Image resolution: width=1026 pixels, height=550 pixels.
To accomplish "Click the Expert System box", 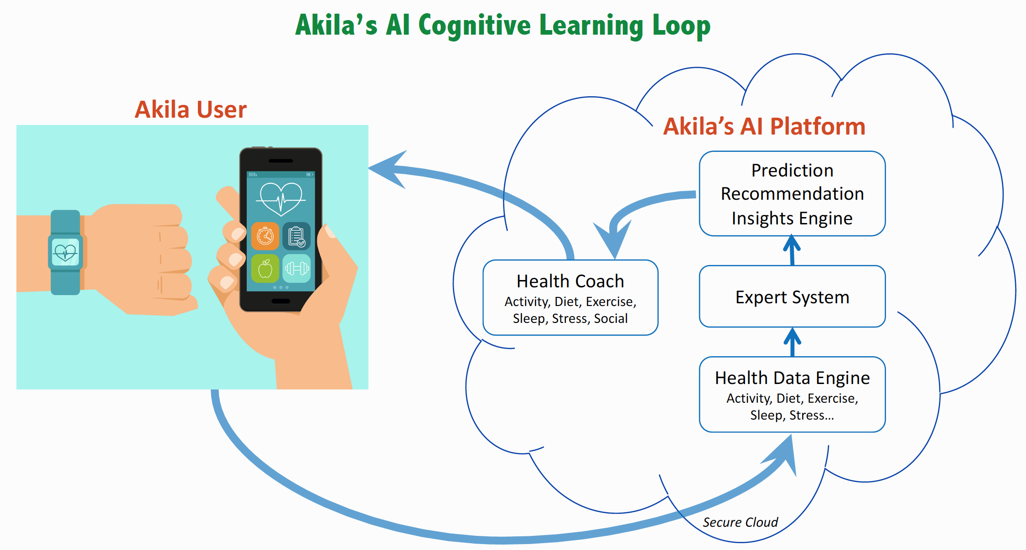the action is pyautogui.click(x=792, y=296).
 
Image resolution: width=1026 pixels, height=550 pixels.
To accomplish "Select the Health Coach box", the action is pyautogui.click(x=570, y=297).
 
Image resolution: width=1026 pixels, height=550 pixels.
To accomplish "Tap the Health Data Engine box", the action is pyautogui.click(x=792, y=394).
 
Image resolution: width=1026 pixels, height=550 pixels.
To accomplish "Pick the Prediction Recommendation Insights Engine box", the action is pyautogui.click(x=792, y=194).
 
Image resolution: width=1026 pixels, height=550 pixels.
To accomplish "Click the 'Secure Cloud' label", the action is pyautogui.click(x=740, y=522).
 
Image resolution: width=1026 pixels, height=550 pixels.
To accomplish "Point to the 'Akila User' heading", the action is pyautogui.click(x=191, y=109).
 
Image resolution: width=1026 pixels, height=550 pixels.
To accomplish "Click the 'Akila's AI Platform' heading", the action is pyautogui.click(x=764, y=126).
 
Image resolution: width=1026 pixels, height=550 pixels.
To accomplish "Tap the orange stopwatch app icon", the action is pyautogui.click(x=265, y=236).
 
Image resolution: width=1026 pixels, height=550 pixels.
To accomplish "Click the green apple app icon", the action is pyautogui.click(x=265, y=269).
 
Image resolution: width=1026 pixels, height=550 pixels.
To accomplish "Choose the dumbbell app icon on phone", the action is pyautogui.click(x=296, y=269).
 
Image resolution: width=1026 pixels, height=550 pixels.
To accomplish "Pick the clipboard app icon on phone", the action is pyautogui.click(x=296, y=236).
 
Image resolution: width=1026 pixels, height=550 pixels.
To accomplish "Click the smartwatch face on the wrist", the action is pyautogui.click(x=65, y=252).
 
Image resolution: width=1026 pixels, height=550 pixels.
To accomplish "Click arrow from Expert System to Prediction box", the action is pyautogui.click(x=792, y=250).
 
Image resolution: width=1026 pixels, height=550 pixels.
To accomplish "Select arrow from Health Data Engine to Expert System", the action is pyautogui.click(x=793, y=342).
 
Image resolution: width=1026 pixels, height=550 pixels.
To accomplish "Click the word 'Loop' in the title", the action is pyautogui.click(x=681, y=26).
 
